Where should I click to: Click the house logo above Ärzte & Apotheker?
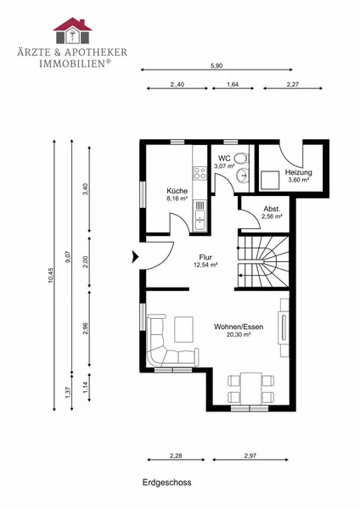[72, 31]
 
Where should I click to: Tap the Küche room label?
[177, 191]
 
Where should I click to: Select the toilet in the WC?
[241, 159]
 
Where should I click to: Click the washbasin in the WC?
[242, 176]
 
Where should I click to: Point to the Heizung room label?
[299, 172]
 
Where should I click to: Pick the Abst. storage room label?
[272, 209]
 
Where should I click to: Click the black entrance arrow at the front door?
[135, 256]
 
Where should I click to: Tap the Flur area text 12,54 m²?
[205, 265]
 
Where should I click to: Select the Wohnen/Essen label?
[239, 327]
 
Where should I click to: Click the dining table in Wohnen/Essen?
[250, 389]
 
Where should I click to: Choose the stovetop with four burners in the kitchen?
[200, 173]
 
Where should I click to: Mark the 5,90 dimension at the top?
[217, 66]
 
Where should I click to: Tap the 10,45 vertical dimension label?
[50, 275]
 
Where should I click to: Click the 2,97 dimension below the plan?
[250, 456]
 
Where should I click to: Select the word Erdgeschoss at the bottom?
[166, 483]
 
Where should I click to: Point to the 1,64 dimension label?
[233, 84]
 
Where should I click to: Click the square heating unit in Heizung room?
[270, 180]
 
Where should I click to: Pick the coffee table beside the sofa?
[184, 329]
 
